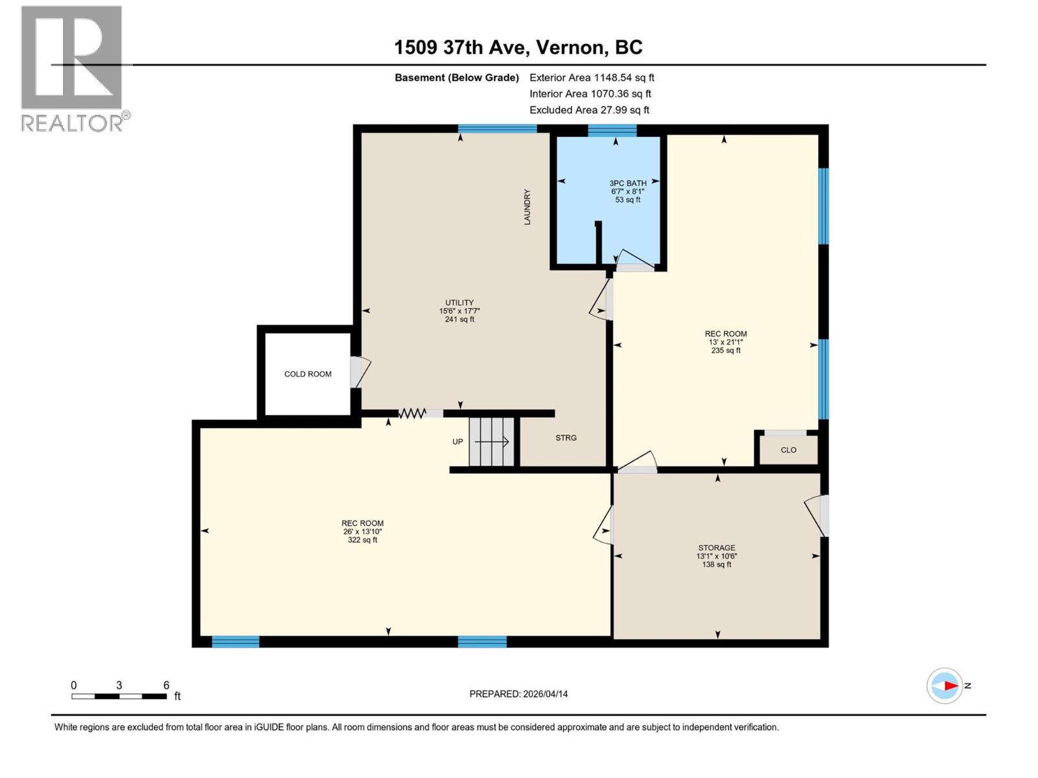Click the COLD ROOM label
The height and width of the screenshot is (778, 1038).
click(x=308, y=374)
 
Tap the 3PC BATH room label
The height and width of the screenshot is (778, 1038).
click(x=627, y=191)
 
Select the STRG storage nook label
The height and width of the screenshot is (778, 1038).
click(x=566, y=438)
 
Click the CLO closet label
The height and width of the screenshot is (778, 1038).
click(x=788, y=450)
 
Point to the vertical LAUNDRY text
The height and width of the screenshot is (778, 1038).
click(x=527, y=207)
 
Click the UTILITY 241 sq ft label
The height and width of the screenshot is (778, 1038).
click(x=459, y=311)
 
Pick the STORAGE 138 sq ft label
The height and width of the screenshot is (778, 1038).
click(x=716, y=556)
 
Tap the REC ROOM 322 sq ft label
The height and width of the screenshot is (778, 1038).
click(x=363, y=531)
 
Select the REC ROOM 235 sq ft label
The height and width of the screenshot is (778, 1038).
click(x=725, y=342)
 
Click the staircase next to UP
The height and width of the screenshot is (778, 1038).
click(x=492, y=442)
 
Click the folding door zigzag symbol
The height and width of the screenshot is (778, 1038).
click(x=412, y=413)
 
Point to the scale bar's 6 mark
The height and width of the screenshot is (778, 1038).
click(x=166, y=686)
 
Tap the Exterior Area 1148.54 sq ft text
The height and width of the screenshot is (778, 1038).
click(x=592, y=78)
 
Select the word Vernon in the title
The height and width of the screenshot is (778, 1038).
click(x=572, y=47)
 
